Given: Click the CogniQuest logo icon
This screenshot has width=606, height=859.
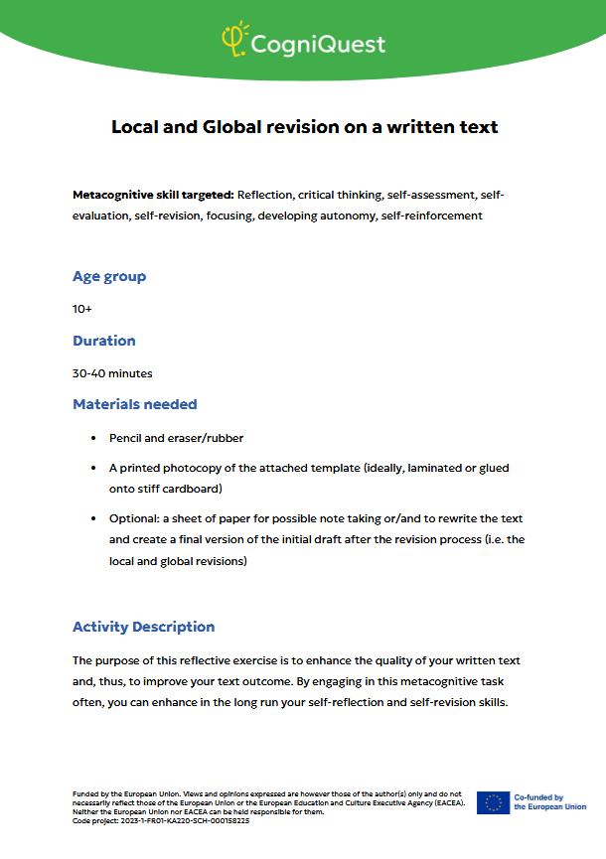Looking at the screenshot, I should (x=235, y=39).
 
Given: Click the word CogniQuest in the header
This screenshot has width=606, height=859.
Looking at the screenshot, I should (x=318, y=44).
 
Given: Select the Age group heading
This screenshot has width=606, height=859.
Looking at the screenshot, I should (x=109, y=276).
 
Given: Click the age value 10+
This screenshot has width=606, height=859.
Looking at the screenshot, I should (x=82, y=309).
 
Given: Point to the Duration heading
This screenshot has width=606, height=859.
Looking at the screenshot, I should (x=104, y=341).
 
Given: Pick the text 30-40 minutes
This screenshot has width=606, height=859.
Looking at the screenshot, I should (x=112, y=373).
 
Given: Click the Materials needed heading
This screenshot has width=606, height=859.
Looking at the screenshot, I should (x=135, y=404).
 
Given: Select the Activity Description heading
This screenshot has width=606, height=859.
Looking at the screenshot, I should (x=144, y=627).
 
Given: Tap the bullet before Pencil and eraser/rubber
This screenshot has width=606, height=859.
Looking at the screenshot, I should (x=93, y=438).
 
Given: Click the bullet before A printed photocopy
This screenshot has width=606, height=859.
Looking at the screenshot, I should (x=93, y=467).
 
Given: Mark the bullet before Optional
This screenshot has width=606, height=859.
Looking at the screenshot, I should (x=93, y=519).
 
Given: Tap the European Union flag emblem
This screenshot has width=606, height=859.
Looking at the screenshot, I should (x=493, y=802).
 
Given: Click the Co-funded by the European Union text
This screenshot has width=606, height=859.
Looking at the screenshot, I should (x=549, y=802).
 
